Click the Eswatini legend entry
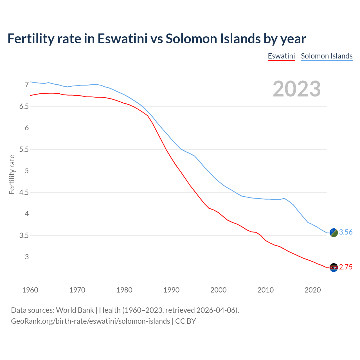(x=281, y=56)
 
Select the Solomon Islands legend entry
(x=327, y=56)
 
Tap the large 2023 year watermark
(x=297, y=89)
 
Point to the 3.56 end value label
(x=346, y=232)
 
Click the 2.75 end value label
(x=346, y=267)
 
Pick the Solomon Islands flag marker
(x=334, y=233)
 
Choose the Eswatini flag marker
(x=334, y=267)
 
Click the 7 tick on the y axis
(x=27, y=85)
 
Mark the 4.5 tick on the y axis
(x=24, y=193)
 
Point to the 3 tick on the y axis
(x=27, y=257)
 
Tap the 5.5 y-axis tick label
(x=24, y=150)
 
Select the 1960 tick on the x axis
(x=30, y=290)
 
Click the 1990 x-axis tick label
(x=171, y=290)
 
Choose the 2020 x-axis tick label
(x=312, y=290)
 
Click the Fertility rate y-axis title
(x=12, y=174)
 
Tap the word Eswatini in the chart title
(x=122, y=39)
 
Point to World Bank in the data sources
(x=75, y=310)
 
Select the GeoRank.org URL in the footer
(x=90, y=321)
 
